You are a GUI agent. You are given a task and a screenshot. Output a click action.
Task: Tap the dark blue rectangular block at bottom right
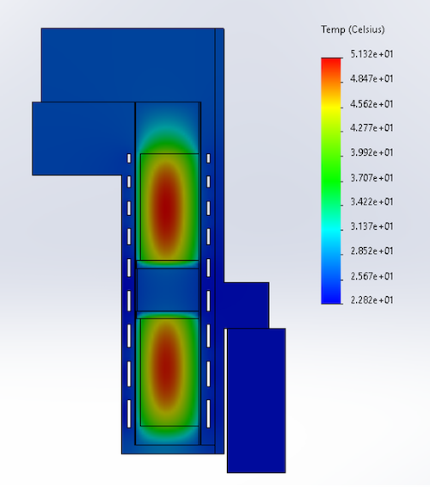click(x=255, y=400)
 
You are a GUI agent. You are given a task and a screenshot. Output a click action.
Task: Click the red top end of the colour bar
click(x=331, y=63)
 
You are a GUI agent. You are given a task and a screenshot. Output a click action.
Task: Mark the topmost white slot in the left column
click(x=129, y=158)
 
